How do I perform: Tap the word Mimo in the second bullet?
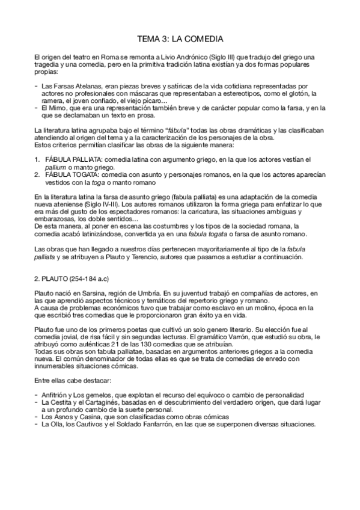pyautogui.click(x=59, y=108)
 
